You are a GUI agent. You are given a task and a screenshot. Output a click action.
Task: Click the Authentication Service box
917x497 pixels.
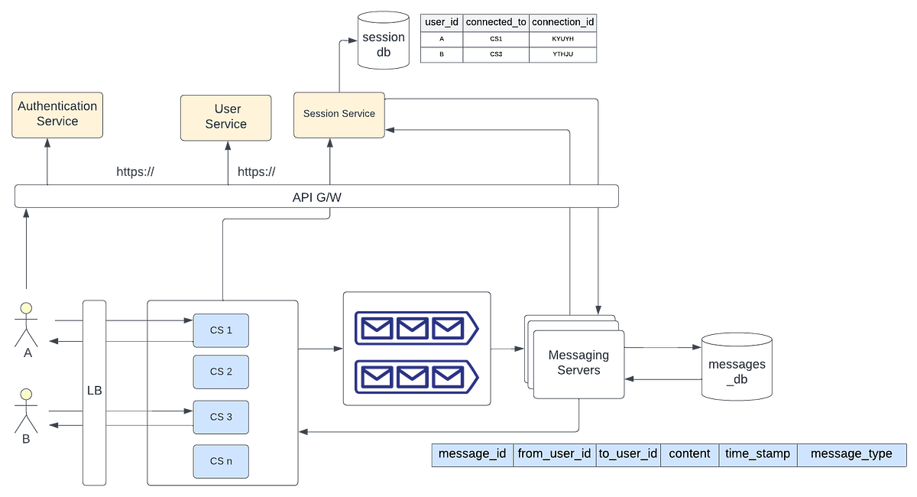(x=57, y=114)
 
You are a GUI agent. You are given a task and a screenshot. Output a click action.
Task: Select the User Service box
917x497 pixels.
(x=225, y=118)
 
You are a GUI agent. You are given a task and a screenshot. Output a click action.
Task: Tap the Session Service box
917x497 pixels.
(x=339, y=114)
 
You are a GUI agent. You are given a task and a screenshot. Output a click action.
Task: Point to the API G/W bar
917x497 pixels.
(x=316, y=197)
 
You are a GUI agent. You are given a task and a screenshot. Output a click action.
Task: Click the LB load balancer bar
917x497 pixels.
(x=94, y=391)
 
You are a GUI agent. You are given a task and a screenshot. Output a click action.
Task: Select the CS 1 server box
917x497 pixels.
(x=221, y=330)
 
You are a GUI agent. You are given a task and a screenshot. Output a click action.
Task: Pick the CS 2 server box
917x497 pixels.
(x=221, y=372)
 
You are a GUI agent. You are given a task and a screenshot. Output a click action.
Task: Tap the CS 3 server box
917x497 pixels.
(x=221, y=417)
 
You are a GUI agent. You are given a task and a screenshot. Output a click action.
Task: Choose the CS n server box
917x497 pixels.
(x=221, y=461)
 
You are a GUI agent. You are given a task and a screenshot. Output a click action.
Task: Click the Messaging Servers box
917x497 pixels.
(x=578, y=363)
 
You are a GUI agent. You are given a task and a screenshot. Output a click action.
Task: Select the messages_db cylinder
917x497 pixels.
(x=737, y=366)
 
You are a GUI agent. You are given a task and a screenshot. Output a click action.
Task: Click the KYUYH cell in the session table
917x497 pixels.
(x=563, y=38)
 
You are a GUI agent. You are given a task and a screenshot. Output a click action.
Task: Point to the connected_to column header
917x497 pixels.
(x=496, y=23)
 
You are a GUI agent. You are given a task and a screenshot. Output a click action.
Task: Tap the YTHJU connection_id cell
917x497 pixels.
(x=563, y=55)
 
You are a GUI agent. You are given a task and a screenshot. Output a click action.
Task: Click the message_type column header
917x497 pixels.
(x=851, y=454)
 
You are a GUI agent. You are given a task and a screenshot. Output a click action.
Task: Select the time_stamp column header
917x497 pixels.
(x=757, y=454)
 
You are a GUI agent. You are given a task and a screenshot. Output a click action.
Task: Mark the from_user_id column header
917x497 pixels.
(x=554, y=454)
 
